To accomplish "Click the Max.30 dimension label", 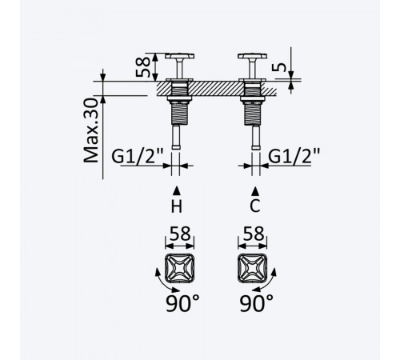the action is [x=91, y=130].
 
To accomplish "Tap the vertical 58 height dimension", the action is [x=143, y=66].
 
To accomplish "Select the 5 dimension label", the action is [x=279, y=67].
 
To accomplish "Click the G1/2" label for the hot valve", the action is [x=138, y=156].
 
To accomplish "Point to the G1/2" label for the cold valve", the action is [x=294, y=156].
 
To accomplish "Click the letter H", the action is [x=177, y=206].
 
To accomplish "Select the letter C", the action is [x=255, y=206].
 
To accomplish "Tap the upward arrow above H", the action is [x=177, y=191].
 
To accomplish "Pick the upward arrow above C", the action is [x=255, y=191].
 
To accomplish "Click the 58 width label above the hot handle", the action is [x=180, y=234].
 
